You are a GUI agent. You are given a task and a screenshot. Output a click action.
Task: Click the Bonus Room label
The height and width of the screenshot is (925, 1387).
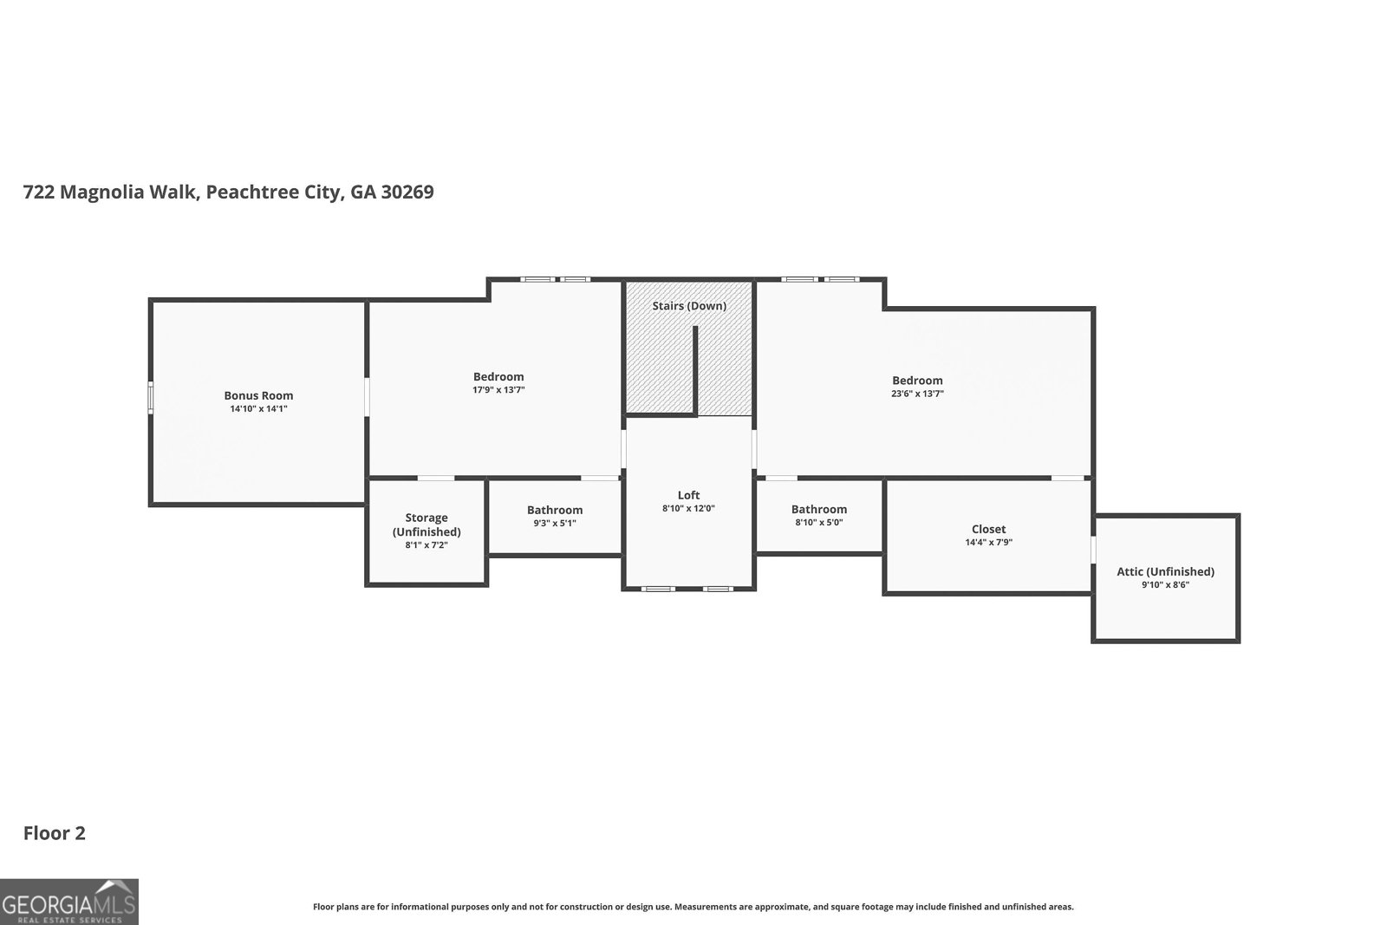[258, 395]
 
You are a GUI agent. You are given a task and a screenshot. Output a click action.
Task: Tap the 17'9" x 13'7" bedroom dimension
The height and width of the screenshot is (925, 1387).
[498, 390]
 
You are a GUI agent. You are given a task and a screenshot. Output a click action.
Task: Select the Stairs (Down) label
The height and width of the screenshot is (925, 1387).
[689, 306]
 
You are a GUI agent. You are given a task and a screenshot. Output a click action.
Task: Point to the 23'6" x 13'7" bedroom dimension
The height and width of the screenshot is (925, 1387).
[917, 394]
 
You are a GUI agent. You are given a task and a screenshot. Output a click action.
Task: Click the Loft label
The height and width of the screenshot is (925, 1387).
[688, 495]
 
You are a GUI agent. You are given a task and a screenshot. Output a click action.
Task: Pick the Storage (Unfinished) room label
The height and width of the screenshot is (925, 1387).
[427, 524]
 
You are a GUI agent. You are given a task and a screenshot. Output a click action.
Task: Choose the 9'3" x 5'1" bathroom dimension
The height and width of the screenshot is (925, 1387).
[555, 523]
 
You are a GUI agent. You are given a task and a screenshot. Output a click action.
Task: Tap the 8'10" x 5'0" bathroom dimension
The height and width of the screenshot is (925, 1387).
[818, 523]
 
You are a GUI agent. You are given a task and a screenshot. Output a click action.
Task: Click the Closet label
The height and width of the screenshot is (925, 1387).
[988, 529]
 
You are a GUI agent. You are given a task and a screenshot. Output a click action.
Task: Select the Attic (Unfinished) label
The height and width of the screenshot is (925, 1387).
[1165, 571]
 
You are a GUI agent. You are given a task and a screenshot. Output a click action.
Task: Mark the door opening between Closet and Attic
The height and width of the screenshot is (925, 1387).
[1093, 550]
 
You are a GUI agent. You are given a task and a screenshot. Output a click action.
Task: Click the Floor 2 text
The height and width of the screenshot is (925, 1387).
[54, 833]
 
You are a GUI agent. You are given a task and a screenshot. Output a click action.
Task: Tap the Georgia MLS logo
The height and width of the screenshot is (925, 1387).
[69, 902]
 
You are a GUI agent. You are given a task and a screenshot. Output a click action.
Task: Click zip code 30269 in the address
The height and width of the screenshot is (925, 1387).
[407, 192]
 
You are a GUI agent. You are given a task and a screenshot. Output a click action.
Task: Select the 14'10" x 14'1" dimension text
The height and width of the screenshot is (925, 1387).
[258, 408]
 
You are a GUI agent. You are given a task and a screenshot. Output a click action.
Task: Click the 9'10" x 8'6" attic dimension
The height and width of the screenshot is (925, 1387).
[1165, 585]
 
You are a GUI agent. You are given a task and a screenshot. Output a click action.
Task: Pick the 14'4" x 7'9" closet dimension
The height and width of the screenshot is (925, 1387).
[988, 543]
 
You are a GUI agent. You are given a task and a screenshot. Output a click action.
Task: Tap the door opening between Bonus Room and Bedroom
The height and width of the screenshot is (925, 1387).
[367, 396]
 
